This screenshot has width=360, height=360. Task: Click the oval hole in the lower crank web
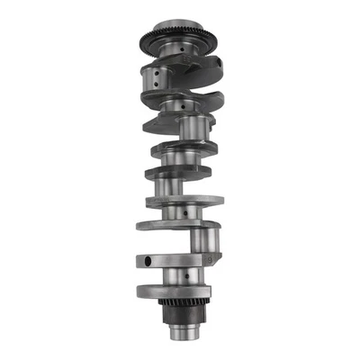point(145,262)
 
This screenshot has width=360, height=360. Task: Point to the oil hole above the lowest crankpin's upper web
point(184,213)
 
